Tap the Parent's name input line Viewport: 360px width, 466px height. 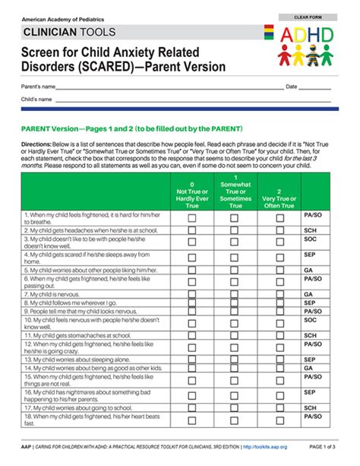(167, 89)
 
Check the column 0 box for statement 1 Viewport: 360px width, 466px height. (191, 217)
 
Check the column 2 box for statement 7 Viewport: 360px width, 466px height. (279, 293)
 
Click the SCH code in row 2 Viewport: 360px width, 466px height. (310, 230)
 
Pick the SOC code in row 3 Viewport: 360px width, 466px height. (310, 240)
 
